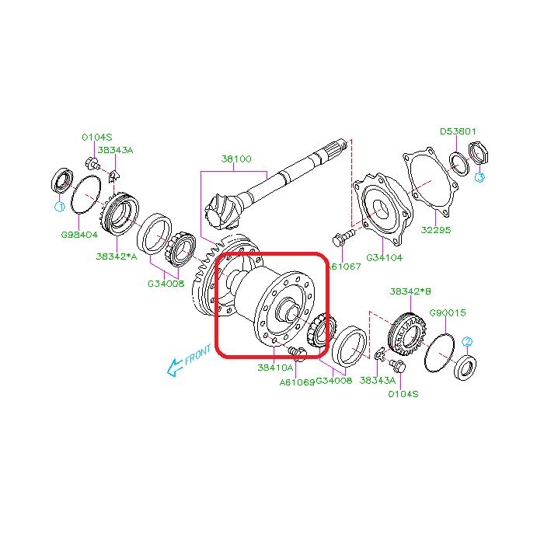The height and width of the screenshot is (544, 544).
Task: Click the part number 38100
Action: tap(236, 159)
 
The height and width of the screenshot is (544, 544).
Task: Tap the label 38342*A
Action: tap(117, 256)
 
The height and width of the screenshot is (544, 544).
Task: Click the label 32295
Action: tap(435, 230)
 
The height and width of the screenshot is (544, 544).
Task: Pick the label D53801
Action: tap(459, 131)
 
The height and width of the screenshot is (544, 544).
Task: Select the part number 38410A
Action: tap(275, 368)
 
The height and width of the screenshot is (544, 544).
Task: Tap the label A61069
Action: tap(298, 382)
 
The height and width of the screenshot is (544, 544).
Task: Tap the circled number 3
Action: tap(479, 177)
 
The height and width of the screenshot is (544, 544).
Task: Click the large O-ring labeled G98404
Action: tap(86, 194)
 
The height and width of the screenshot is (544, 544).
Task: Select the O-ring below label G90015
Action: tap(441, 350)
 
